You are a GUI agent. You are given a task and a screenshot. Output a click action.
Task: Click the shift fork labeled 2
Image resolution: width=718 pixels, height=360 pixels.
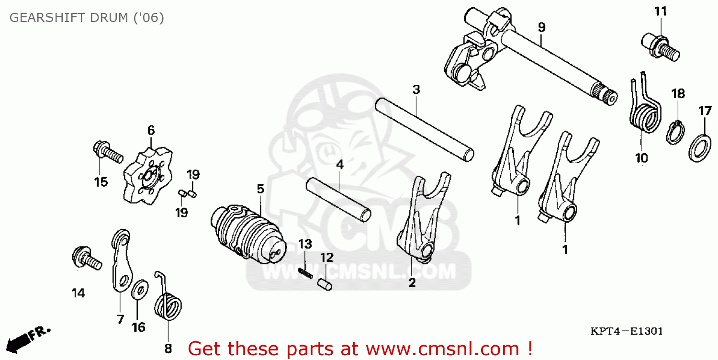421,220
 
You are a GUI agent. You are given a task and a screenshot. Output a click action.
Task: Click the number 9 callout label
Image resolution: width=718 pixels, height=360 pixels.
541,27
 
